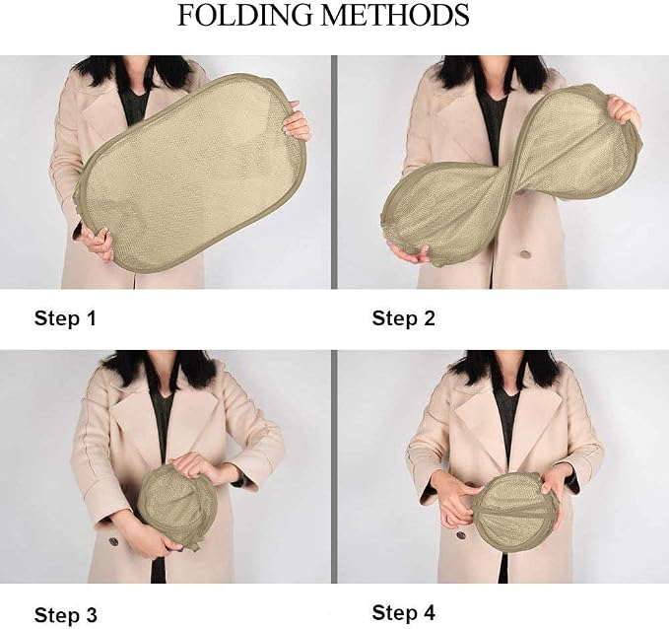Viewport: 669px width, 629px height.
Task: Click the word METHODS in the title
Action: coord(395,16)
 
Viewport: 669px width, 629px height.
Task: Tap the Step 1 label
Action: coord(65,318)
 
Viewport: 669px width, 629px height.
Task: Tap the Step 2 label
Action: coord(403,318)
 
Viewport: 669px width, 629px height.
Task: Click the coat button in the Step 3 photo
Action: coord(113,541)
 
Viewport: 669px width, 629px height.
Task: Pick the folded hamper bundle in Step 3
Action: coord(177,506)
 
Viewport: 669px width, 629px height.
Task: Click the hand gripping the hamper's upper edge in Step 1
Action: coord(297,124)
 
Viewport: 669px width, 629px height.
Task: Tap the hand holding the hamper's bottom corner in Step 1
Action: coord(98,243)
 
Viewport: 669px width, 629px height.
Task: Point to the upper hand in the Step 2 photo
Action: coord(623,111)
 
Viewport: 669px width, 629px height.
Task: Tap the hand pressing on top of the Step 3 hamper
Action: coord(194,466)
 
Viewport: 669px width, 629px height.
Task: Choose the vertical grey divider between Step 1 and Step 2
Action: coord(334,173)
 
